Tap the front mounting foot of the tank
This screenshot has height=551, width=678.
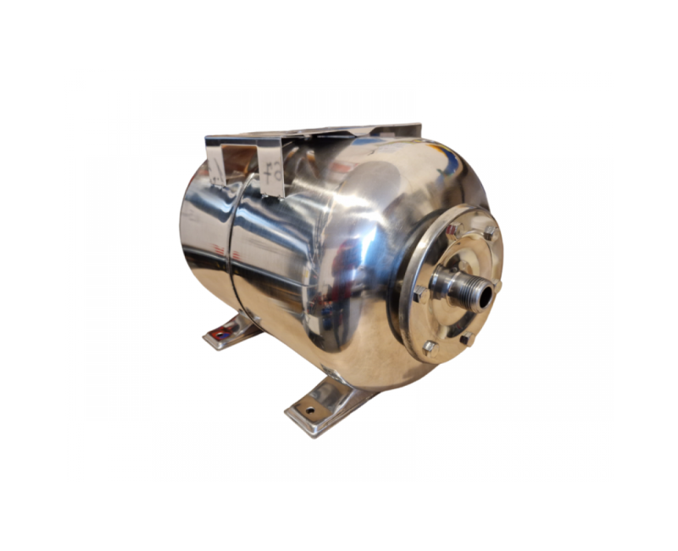click(x=326, y=404)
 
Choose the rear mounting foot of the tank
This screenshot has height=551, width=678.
click(x=233, y=330)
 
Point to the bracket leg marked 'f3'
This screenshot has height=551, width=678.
click(x=274, y=174)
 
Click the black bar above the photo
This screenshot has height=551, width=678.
click(x=339, y=34)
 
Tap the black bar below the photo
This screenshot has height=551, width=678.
click(x=339, y=516)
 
